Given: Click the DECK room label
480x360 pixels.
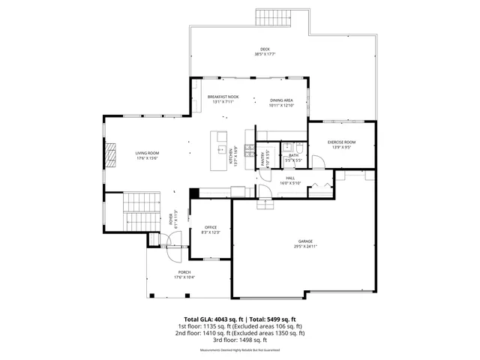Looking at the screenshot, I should pos(259,49).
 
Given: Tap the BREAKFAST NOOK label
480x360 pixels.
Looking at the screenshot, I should pos(223,97).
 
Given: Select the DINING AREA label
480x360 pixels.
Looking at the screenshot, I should pos(281,100).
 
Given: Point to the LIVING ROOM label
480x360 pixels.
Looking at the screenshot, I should pos(147,152).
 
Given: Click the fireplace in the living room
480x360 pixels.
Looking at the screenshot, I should pos(109,155).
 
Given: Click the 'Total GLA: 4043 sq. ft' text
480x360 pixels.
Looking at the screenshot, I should pos(211,319).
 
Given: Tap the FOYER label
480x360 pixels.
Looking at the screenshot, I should pos(170,220).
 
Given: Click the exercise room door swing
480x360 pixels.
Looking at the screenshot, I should pos(320,184).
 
